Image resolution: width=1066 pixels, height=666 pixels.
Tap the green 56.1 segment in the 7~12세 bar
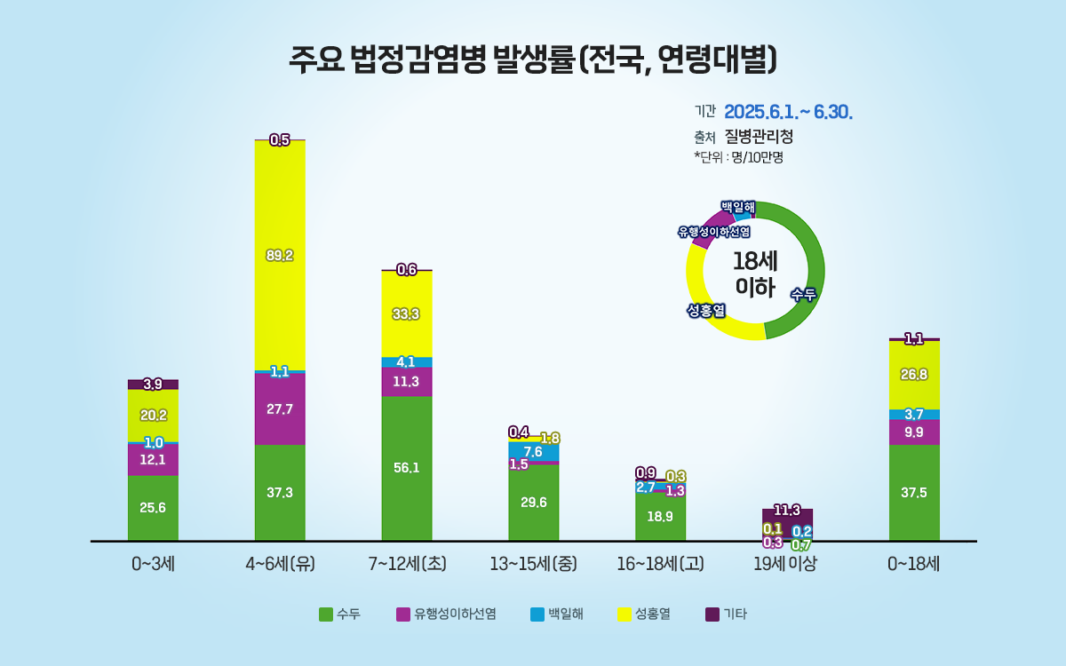(407, 468)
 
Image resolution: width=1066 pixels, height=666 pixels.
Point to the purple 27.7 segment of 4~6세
(280, 409)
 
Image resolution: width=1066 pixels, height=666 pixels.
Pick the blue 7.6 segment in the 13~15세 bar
(533, 452)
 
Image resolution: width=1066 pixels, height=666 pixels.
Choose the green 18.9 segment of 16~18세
(660, 517)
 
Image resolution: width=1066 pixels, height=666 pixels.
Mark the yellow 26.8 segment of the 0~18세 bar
(914, 375)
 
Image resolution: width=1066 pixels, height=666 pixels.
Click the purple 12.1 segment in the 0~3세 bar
(153, 459)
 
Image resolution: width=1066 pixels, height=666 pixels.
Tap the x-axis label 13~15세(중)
(533, 563)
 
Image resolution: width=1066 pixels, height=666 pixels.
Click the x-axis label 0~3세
(153, 563)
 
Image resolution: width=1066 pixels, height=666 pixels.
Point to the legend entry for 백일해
(557, 614)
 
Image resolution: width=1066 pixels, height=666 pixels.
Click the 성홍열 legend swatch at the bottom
(624, 614)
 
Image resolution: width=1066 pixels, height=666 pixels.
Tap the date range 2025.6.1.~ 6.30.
(789, 112)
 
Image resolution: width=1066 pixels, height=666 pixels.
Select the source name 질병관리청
(759, 137)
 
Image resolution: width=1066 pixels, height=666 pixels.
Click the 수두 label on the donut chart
(803, 295)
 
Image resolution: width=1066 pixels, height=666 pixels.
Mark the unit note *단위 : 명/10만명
(738, 157)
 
